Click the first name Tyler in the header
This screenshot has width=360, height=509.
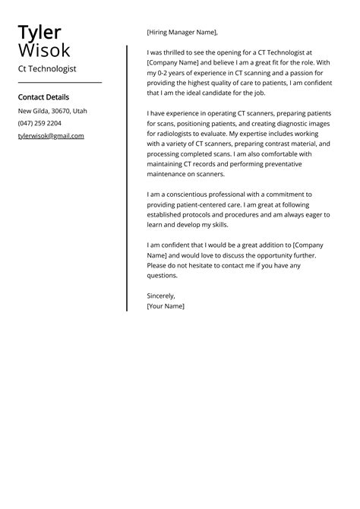(39, 32)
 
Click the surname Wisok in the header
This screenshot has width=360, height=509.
(44, 51)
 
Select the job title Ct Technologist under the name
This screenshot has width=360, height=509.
(47, 68)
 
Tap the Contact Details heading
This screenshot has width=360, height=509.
(43, 97)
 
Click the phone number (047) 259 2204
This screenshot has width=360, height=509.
(39, 123)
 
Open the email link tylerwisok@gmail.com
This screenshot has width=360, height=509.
(51, 136)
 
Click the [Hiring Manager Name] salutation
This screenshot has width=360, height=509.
(182, 32)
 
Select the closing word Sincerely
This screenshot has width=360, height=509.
(160, 296)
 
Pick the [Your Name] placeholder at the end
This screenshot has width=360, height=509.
(166, 306)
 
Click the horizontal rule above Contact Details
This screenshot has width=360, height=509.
(59, 82)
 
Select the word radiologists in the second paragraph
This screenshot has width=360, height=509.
(167, 133)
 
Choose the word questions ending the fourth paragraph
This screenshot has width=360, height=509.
(164, 276)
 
